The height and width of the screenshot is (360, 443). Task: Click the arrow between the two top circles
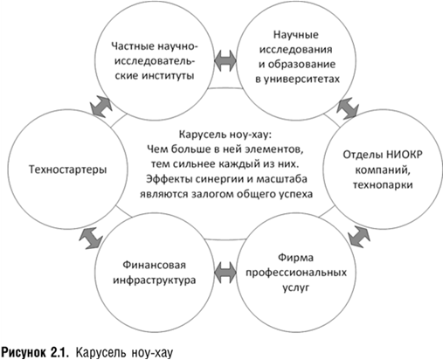225,61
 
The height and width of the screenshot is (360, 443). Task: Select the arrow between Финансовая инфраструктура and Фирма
225,273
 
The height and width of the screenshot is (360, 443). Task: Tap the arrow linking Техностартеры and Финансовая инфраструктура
91,239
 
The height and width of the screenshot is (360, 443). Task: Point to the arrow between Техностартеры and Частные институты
101,107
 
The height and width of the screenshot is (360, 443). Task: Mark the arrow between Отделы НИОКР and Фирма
359,237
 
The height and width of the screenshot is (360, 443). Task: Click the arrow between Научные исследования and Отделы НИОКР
348,108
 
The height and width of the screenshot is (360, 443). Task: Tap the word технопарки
383,184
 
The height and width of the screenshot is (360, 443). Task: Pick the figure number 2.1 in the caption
59,352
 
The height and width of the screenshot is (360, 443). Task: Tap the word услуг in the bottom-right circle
296,287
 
